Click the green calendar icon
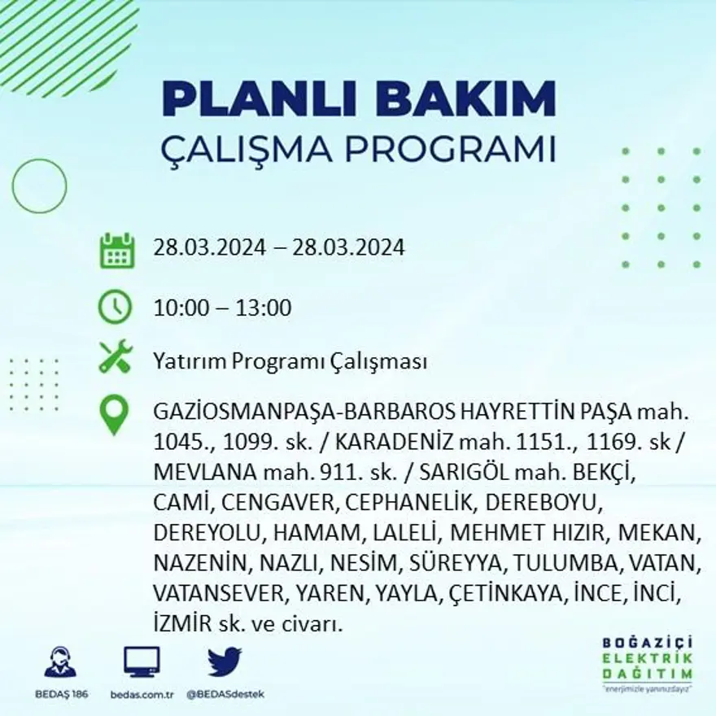[116, 251]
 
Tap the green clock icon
[115, 308]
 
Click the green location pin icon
[114, 414]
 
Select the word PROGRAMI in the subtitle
[450, 150]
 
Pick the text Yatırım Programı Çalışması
[290, 362]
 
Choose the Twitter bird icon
[224, 662]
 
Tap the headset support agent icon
[60, 662]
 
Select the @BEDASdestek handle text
[225, 694]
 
